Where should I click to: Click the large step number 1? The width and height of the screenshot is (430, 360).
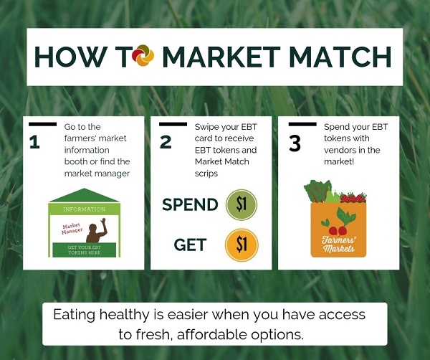pos(34,142)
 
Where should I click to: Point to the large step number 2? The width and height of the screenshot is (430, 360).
pos(166,142)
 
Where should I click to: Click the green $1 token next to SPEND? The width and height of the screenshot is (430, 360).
pos(241,204)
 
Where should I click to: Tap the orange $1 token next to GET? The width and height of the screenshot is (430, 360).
pos(241,245)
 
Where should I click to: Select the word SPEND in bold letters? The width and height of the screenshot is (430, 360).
pos(190,204)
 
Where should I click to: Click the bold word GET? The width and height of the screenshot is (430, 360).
pos(190,245)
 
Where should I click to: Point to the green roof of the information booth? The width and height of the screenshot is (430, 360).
pos(85,196)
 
